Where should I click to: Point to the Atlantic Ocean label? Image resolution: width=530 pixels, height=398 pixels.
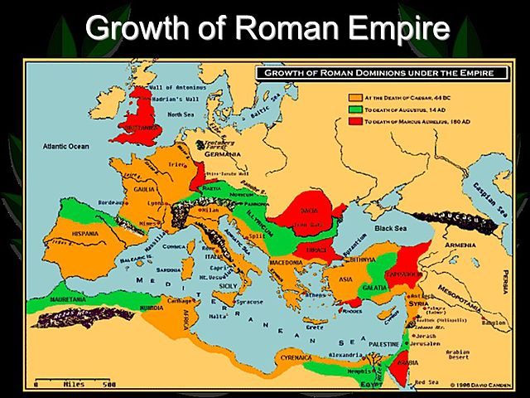65,147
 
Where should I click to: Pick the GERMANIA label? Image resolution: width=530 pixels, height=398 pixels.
223,154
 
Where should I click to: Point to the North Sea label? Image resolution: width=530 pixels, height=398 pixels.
181,115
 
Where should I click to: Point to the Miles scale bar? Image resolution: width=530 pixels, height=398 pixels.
75,384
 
